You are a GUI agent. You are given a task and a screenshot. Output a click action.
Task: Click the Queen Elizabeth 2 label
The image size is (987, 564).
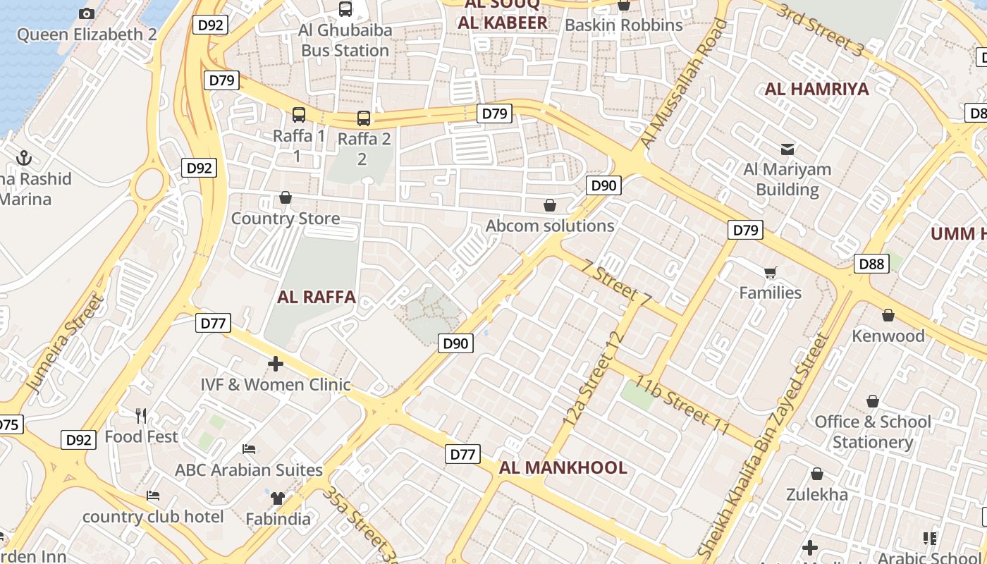(87, 35)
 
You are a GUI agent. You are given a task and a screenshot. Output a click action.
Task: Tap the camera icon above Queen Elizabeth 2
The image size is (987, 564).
(87, 13)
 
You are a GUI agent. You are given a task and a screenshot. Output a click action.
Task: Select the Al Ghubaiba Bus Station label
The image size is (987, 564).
(345, 40)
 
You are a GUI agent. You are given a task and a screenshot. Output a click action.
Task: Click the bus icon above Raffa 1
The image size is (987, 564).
(299, 115)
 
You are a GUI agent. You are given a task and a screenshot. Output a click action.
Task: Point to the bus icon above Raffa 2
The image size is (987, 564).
(364, 118)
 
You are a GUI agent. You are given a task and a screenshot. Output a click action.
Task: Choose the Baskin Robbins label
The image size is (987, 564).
(624, 25)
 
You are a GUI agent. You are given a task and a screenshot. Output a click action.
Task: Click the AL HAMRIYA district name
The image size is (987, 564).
(816, 89)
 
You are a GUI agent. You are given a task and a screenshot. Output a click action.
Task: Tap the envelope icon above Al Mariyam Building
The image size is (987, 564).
(787, 149)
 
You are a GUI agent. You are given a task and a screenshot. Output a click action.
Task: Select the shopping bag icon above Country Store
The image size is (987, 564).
(286, 197)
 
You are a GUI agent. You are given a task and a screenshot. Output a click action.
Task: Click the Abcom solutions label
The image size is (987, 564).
(550, 226)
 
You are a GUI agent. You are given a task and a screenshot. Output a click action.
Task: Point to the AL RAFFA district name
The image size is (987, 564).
(317, 297)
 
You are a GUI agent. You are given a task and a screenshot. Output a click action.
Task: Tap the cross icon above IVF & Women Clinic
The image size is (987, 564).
(276, 364)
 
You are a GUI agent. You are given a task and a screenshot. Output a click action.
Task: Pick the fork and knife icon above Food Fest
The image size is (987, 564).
(142, 416)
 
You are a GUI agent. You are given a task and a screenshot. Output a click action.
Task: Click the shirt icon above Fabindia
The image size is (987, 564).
(278, 498)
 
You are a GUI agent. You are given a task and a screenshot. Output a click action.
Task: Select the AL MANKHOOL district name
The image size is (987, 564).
(563, 467)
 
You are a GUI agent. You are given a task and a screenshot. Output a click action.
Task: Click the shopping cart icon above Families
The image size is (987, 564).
(771, 272)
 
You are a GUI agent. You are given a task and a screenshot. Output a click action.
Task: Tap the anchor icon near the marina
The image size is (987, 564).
(25, 157)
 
